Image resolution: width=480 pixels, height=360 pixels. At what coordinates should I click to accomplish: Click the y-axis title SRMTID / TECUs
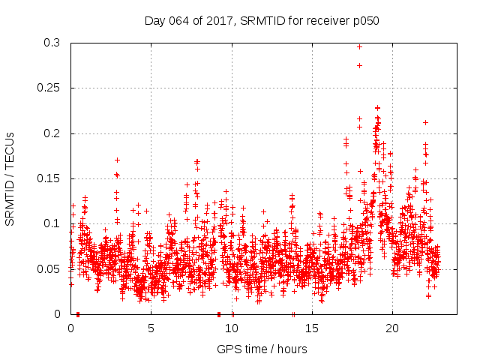point(10,178)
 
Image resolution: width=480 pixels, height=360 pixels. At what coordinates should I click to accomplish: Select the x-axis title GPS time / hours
point(262,349)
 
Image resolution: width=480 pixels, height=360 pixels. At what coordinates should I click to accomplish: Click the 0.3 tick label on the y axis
point(51,43)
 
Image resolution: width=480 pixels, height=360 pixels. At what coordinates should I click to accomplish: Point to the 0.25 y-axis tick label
point(48,88)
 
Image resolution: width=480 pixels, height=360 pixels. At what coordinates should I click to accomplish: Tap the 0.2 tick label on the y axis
point(51,133)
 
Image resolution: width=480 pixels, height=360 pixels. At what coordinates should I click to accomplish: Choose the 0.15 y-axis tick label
point(48,178)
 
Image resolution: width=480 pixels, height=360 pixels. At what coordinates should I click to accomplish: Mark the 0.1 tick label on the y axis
point(51,223)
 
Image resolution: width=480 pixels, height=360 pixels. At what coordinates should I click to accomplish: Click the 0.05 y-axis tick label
point(48,268)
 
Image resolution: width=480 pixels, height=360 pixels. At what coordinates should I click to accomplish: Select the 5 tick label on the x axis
point(151,328)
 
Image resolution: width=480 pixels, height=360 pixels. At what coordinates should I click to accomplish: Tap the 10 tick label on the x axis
point(232,328)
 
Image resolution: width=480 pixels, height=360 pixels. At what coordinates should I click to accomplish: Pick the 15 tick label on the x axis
point(312,328)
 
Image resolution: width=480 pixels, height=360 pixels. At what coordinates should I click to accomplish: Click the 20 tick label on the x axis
point(392,328)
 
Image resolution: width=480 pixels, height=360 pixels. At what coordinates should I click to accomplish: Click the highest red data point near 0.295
point(359,46)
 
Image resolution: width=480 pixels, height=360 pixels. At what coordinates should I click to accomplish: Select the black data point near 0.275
point(359,65)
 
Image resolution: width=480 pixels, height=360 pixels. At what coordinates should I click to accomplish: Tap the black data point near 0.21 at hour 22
point(425,122)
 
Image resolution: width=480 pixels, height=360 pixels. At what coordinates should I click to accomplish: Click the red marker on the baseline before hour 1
point(78,313)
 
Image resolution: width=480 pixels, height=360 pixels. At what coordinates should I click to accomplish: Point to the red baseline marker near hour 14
point(293,313)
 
